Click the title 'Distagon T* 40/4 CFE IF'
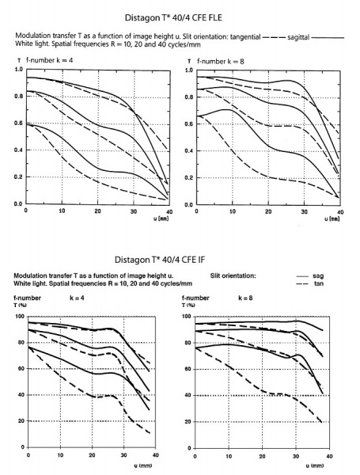179,259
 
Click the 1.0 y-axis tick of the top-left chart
17,70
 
